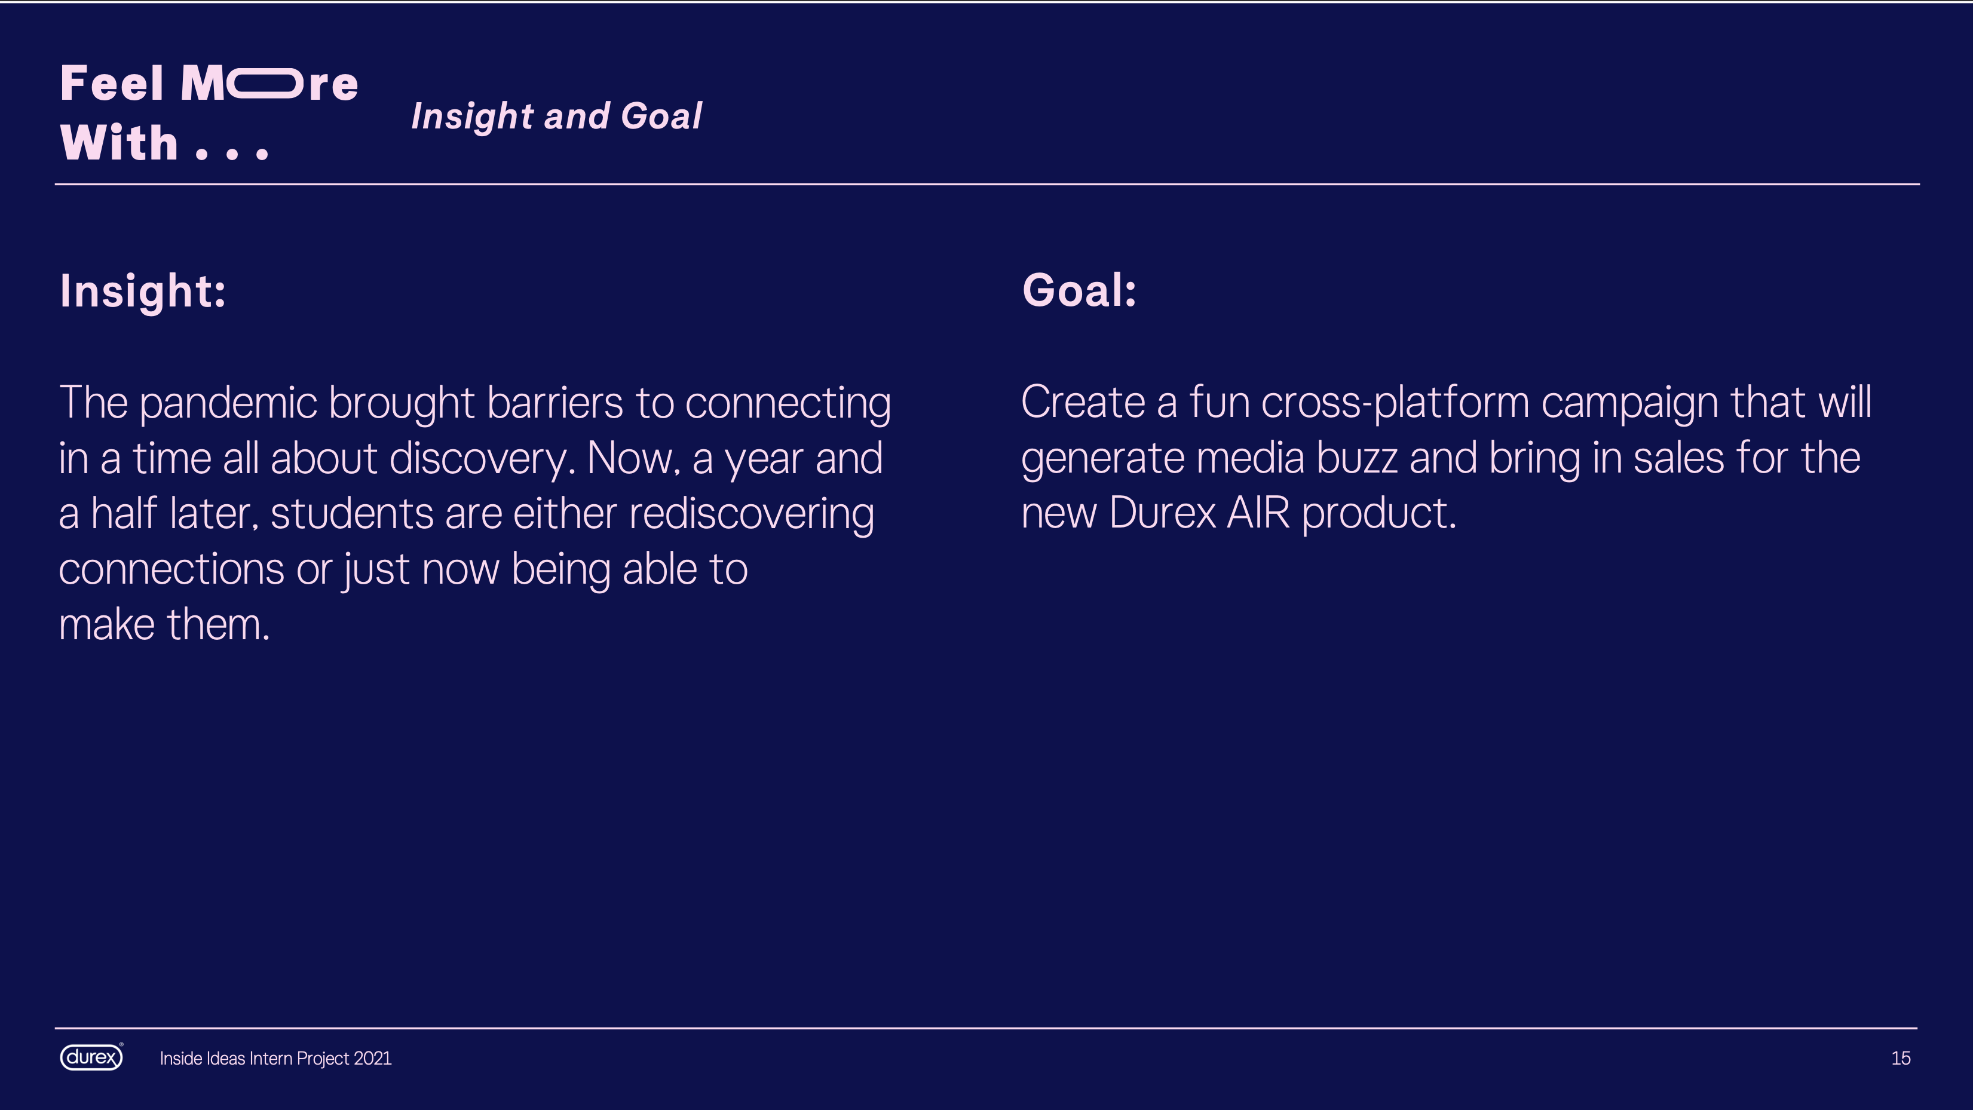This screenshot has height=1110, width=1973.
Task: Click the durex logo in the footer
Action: pos(91,1057)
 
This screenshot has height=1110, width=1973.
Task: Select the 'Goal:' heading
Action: pos(1079,290)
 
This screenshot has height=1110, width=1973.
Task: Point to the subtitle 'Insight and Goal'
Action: pos(556,116)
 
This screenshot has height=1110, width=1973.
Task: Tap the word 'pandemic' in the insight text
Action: pos(228,404)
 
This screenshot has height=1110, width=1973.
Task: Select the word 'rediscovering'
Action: pos(751,514)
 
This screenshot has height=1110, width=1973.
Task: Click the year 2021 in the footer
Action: pos(372,1059)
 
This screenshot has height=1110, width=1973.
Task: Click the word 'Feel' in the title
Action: pos(112,84)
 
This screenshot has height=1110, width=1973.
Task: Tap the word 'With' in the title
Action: pos(120,143)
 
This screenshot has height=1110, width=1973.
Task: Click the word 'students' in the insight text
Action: pos(351,513)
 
